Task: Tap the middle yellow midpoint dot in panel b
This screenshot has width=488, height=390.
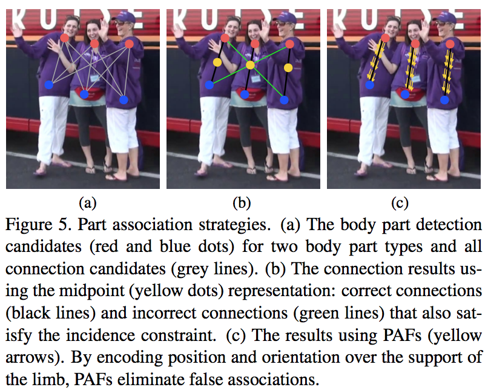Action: [250, 64]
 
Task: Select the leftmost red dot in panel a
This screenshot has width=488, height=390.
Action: [65, 38]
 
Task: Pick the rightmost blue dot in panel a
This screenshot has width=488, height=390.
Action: [124, 99]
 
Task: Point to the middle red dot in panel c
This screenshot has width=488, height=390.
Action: [415, 44]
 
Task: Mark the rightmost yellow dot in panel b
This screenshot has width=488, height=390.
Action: [288, 67]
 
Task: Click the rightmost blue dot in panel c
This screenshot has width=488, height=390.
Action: [444, 99]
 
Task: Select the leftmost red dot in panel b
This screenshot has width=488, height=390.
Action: [225, 38]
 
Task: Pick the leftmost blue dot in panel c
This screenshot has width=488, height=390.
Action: [369, 85]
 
